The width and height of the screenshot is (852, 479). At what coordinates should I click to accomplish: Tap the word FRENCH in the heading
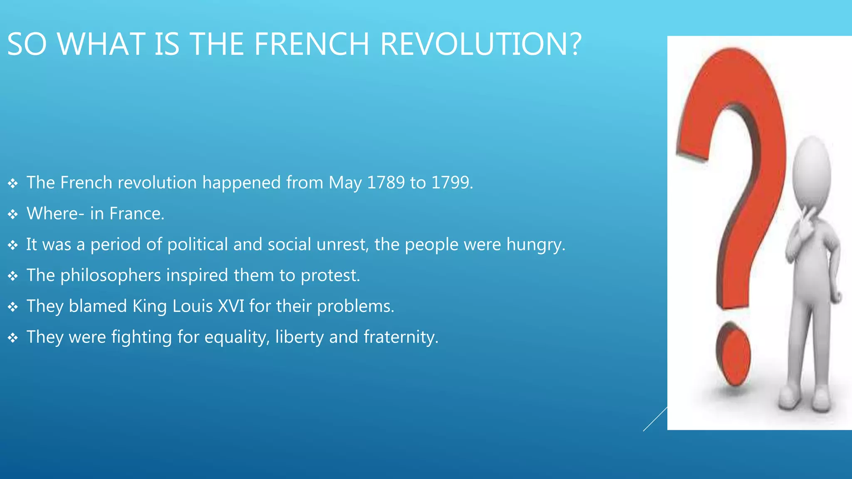(312, 44)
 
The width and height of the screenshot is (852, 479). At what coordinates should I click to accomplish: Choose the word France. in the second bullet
(137, 214)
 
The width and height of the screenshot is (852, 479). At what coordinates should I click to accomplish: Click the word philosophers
(111, 276)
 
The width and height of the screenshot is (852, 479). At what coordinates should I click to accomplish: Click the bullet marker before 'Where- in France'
(13, 214)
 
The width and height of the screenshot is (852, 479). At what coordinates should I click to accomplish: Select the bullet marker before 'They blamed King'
(13, 307)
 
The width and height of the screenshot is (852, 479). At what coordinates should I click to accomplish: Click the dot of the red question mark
(733, 353)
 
